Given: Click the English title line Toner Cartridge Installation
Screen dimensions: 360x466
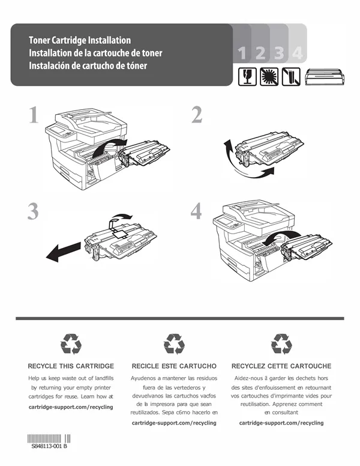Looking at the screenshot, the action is tap(80, 40).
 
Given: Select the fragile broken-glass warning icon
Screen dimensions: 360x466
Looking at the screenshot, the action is tap(247, 77).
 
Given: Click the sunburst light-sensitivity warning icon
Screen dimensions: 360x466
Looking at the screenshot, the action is tap(269, 77).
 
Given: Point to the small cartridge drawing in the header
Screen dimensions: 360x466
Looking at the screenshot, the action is tap(325, 77).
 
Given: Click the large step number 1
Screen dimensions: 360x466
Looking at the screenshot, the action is tap(34, 115).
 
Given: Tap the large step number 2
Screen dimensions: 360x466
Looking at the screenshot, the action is tap(197, 115).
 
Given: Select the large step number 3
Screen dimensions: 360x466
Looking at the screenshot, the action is tap(33, 211).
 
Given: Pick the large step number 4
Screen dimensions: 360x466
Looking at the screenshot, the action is tap(196, 211).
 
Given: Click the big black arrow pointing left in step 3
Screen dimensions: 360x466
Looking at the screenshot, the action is tap(63, 252).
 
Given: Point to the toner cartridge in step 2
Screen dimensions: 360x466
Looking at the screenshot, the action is tap(269, 149).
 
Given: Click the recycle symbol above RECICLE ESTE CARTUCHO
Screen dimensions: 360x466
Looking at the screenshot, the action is tap(174, 344).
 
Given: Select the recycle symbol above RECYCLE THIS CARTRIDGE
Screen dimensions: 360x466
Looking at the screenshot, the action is tap(71, 344).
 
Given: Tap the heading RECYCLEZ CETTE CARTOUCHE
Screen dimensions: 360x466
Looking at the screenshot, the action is tap(281, 366).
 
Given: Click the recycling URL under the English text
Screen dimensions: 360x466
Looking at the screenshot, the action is tap(71, 407).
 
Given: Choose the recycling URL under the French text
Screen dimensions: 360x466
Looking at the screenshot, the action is tap(281, 423).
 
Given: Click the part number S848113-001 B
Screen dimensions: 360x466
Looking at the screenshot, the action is tap(49, 446).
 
